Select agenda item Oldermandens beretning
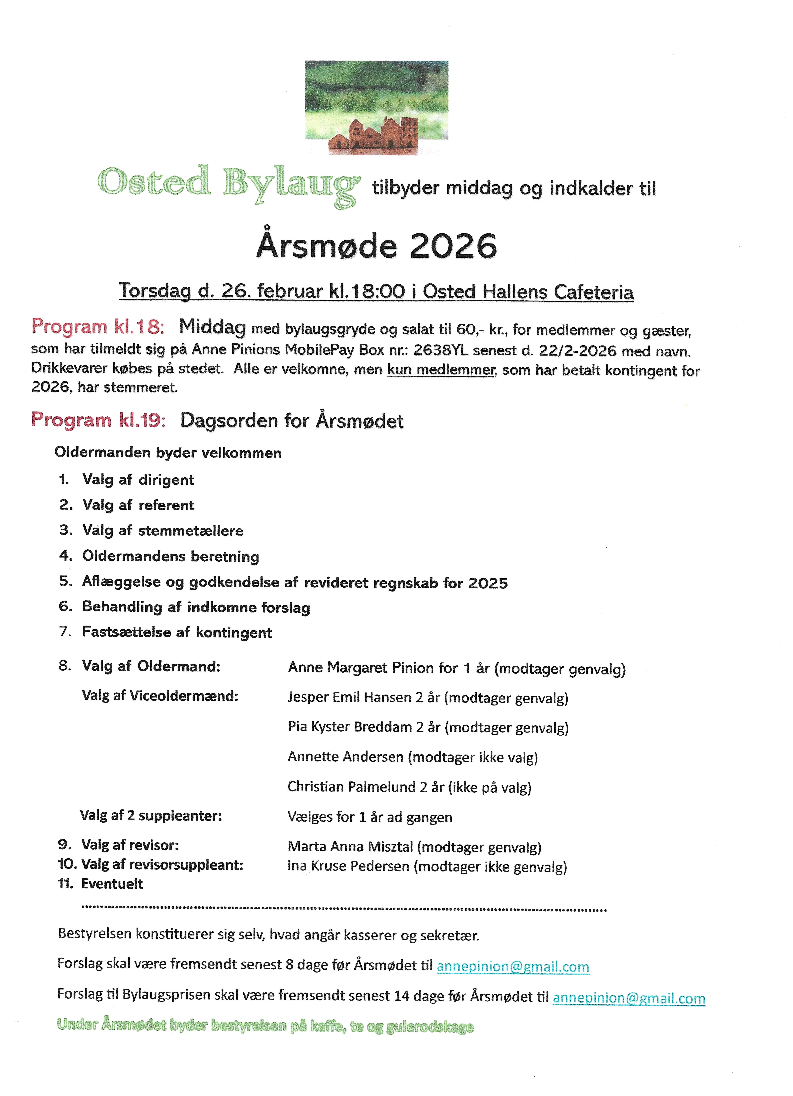click(x=170, y=556)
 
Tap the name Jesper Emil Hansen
click(x=349, y=697)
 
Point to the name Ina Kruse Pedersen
click(x=348, y=866)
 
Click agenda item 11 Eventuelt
click(x=112, y=884)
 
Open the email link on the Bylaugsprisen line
click(x=629, y=998)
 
